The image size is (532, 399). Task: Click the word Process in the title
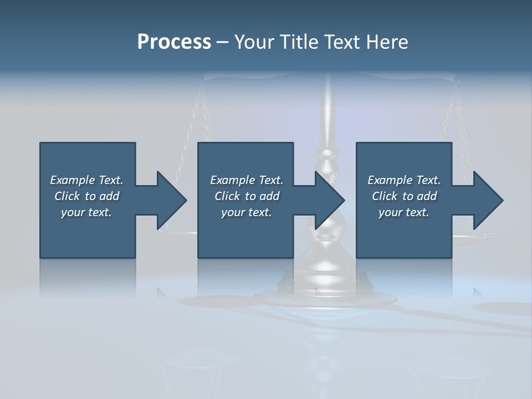coord(174,42)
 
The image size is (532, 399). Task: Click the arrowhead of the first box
coord(171,200)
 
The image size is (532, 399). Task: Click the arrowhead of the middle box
coord(330,200)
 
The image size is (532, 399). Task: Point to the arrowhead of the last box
coord(488,200)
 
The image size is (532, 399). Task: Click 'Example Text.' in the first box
coord(86,180)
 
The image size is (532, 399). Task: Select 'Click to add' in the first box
coord(86,196)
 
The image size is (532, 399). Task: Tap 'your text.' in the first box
coord(86,212)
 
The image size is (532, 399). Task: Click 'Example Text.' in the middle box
coord(247,180)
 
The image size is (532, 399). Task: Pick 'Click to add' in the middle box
coord(247,196)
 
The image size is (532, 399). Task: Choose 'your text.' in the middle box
coord(247,212)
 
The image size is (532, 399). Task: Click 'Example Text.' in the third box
coord(404,180)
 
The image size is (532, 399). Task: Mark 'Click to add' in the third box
coord(404,196)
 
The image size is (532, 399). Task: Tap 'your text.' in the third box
coord(404,212)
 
